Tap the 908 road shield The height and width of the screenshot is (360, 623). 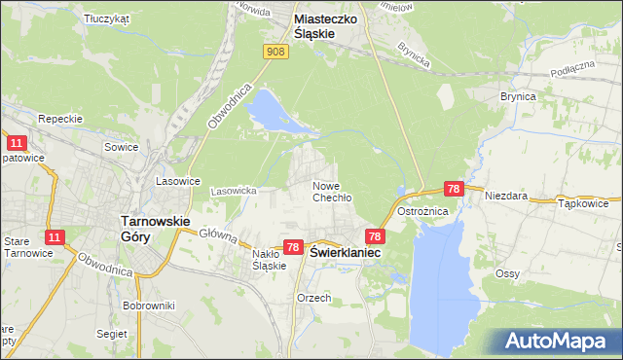point(276,52)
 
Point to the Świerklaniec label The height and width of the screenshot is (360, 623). point(346,251)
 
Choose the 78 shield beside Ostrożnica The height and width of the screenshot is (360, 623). point(453,190)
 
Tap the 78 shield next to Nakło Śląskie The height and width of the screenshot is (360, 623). point(293,249)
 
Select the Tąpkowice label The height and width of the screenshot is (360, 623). point(583,204)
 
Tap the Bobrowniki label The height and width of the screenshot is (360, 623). point(148,306)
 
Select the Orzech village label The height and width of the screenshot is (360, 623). point(314,298)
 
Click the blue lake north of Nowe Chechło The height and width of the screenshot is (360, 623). point(267,111)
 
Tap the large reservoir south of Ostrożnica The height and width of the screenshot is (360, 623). point(443,282)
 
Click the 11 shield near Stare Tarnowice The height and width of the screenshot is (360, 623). point(55,237)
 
